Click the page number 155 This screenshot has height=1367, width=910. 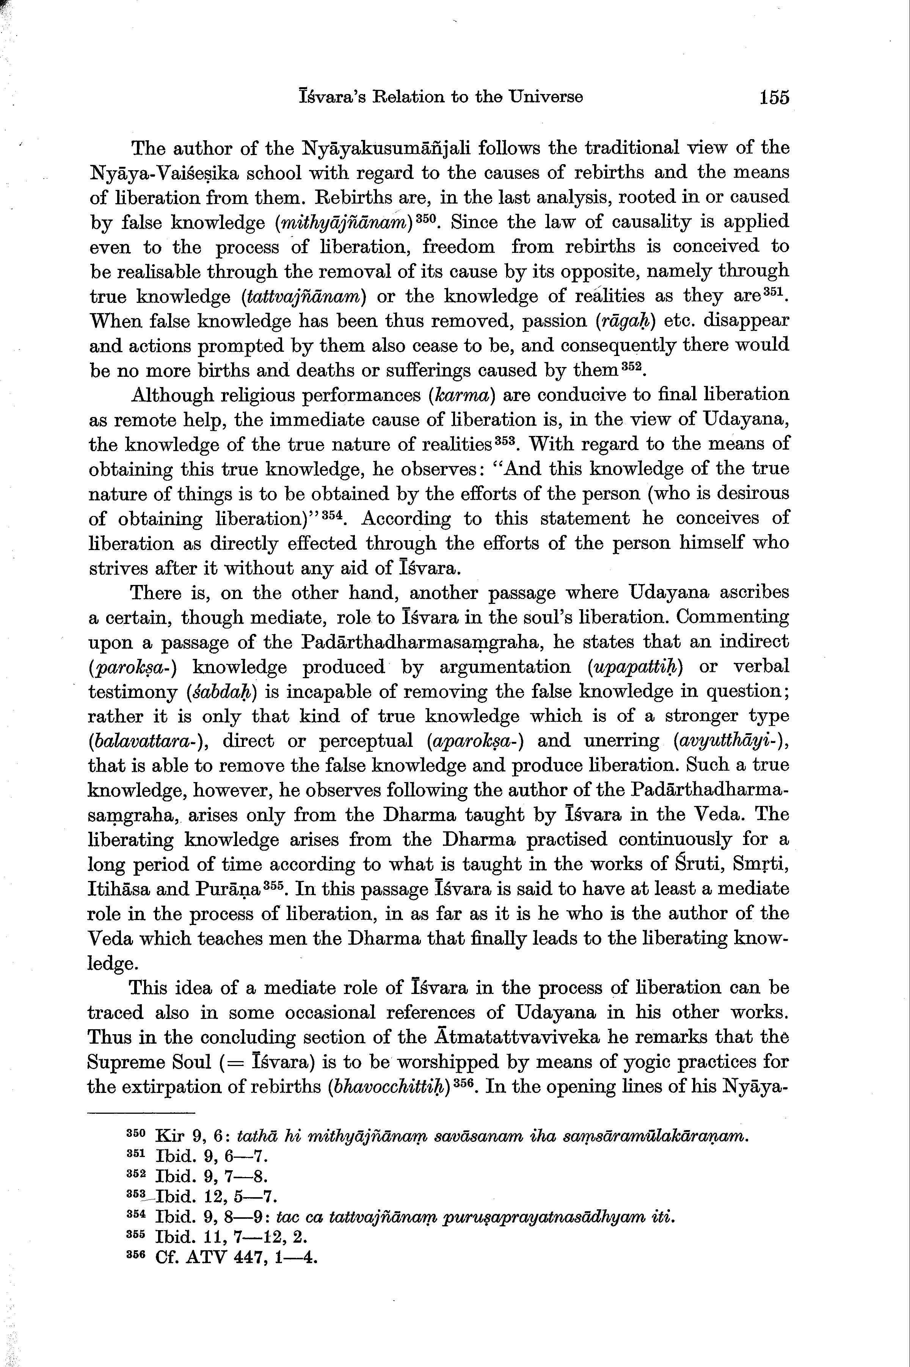[x=773, y=97]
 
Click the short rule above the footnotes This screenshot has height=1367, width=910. [x=141, y=1112]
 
